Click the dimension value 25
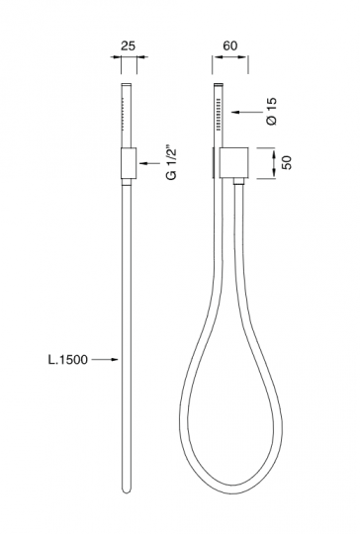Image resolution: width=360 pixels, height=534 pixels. pos(129,45)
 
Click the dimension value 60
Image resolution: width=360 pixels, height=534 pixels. pos(229,45)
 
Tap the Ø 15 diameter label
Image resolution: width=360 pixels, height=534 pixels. pos(272,112)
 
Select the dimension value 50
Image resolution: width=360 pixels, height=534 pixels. pos(287,163)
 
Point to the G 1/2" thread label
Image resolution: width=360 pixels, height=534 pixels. pos(172,163)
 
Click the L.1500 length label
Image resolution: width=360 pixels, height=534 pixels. pos(67,360)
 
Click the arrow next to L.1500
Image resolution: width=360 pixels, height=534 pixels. pos(105,359)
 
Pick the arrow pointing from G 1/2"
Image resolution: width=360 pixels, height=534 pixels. pos(149,163)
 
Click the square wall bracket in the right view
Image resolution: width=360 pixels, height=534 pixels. pos(234,163)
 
